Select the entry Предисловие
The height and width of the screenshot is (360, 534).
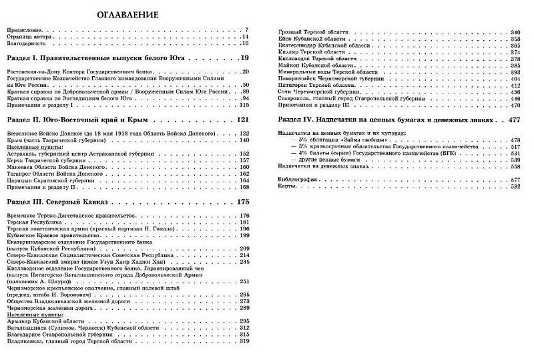coord(25,30)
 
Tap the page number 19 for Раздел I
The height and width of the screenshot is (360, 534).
coord(244,59)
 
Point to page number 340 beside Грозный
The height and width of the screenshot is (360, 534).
coord(515,32)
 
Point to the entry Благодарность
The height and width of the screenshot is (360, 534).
coord(27,43)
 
